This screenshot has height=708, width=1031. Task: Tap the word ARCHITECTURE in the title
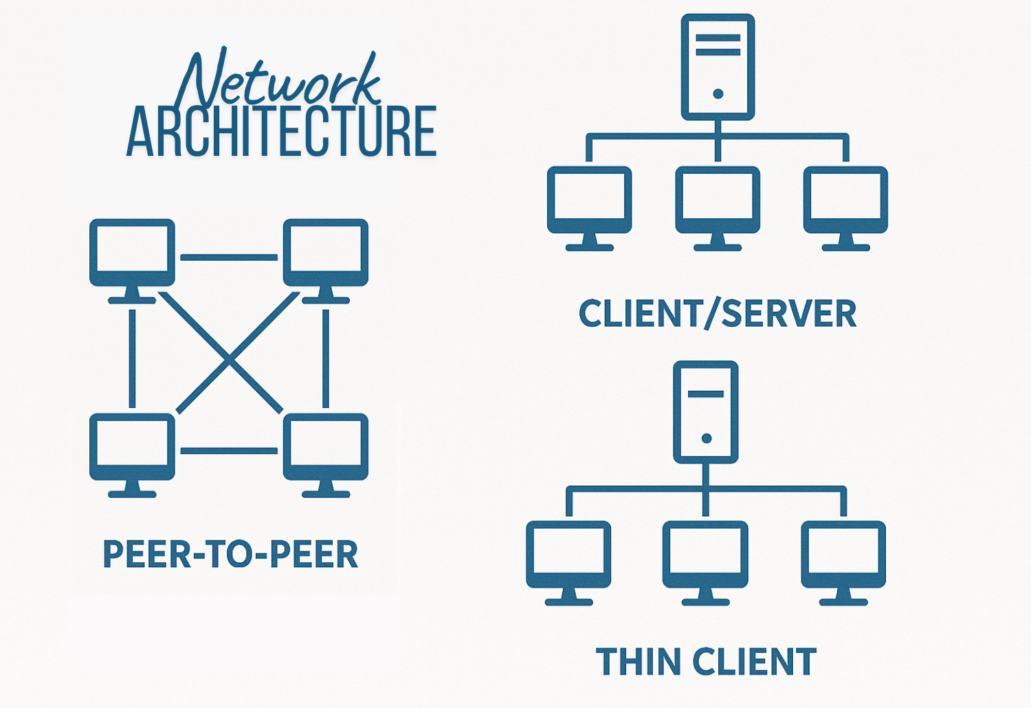(282, 132)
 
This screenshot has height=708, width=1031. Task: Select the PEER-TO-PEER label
(230, 555)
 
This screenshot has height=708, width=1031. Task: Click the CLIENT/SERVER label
(718, 314)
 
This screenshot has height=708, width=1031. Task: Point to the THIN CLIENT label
(706, 662)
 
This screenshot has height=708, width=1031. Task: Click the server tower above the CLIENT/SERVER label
(718, 67)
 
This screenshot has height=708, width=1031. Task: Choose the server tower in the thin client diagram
(706, 411)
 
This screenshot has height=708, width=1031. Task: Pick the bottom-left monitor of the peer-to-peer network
(132, 447)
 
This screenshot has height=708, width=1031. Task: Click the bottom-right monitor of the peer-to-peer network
(326, 447)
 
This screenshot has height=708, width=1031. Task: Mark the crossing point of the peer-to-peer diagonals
(230, 357)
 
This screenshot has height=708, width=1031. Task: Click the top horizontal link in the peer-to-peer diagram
(229, 258)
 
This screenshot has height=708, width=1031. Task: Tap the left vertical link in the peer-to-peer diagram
(132, 358)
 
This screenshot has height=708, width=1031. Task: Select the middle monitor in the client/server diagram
(718, 201)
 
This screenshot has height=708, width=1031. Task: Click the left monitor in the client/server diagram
(589, 201)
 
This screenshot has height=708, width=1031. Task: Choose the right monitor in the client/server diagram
(845, 201)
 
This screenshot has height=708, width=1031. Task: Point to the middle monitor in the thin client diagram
(705, 555)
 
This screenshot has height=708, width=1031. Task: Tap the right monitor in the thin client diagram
(843, 555)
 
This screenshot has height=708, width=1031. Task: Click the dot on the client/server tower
(718, 94)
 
